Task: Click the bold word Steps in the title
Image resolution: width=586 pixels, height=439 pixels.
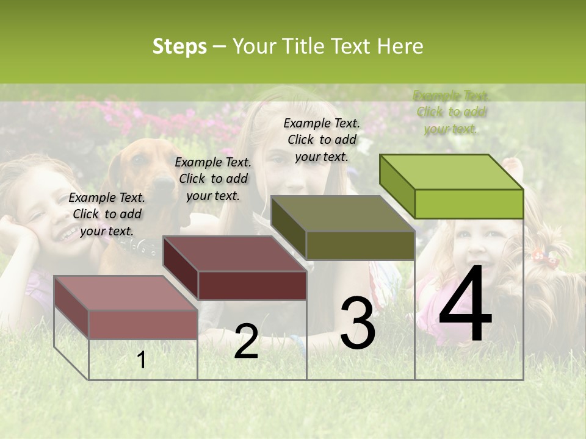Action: pyautogui.click(x=179, y=46)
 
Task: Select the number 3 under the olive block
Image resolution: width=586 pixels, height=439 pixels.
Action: pyautogui.click(x=358, y=323)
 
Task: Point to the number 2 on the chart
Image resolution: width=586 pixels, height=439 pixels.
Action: pyautogui.click(x=246, y=341)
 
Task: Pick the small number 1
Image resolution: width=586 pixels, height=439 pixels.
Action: pyautogui.click(x=142, y=360)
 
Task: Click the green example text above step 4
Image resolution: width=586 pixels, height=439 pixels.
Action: pyautogui.click(x=452, y=112)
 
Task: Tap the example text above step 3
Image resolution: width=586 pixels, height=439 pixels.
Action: pyautogui.click(x=322, y=140)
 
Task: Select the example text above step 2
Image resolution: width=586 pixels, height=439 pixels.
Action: pyautogui.click(x=213, y=179)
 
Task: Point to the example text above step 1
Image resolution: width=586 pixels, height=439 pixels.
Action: pyautogui.click(x=107, y=214)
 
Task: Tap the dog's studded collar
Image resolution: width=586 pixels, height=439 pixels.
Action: pyautogui.click(x=138, y=246)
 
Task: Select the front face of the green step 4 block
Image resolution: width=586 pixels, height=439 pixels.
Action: pyautogui.click(x=469, y=204)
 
